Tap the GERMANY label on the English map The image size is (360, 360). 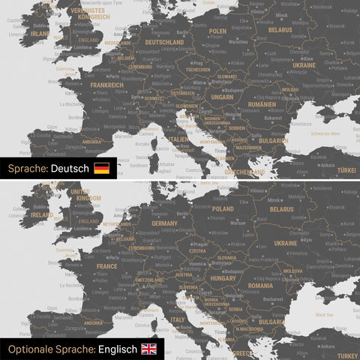[x=164, y=223]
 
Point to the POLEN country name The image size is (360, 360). [x=217, y=31]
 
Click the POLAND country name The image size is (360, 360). [x=221, y=210]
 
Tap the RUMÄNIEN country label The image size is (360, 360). [x=262, y=104]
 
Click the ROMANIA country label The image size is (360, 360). [x=260, y=286]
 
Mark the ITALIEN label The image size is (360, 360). [x=178, y=139]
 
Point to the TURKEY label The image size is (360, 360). [x=347, y=355]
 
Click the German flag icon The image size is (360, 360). [x=101, y=168]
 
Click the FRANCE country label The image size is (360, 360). [x=106, y=265]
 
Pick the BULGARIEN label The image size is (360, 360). [x=273, y=140]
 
